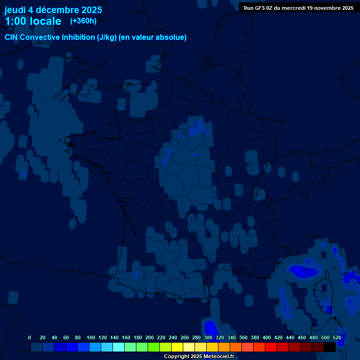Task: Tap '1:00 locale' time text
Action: (x=33, y=21)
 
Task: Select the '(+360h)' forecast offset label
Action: (x=83, y=21)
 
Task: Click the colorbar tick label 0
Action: (x=30, y=337)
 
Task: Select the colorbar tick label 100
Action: (x=91, y=337)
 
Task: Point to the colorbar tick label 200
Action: (x=150, y=337)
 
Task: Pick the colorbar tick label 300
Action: (x=208, y=337)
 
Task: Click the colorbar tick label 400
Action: (x=267, y=337)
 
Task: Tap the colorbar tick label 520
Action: (x=337, y=337)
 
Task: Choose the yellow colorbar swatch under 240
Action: (x=177, y=347)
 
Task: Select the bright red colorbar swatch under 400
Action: (x=271, y=347)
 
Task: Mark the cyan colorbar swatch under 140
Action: (x=119, y=347)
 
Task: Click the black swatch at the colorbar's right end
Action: (x=330, y=347)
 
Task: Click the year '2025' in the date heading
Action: (x=91, y=10)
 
